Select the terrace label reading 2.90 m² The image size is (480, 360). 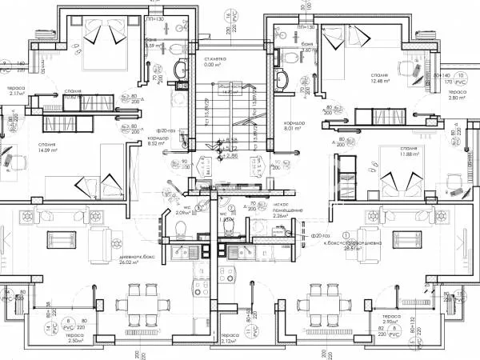click(x=392, y=341)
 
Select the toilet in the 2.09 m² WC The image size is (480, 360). click(x=179, y=230)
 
